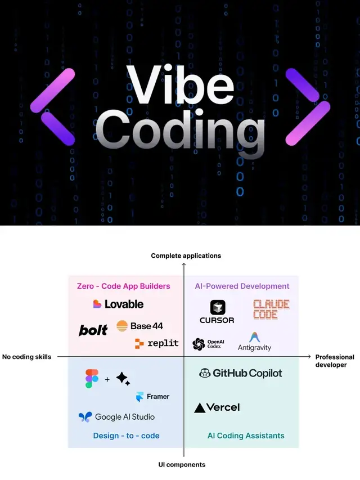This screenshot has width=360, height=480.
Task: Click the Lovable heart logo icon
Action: point(97,304)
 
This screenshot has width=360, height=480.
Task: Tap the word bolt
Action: point(93,330)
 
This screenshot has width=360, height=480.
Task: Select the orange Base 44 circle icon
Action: point(122,326)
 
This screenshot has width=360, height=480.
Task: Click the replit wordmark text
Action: point(163,343)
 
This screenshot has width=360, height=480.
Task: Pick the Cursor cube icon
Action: point(218,307)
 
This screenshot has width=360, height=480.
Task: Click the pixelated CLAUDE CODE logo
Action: point(271,309)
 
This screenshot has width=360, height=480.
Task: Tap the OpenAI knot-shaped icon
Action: point(199,344)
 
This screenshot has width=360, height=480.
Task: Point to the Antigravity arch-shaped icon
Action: point(254,337)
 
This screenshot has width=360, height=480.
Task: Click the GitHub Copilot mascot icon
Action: point(205,373)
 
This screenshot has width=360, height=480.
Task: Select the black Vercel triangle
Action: point(200,408)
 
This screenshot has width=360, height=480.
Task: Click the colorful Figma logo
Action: point(92,379)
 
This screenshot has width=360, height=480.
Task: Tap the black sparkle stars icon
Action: point(123,379)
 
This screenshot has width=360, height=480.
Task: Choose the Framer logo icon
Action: point(139,397)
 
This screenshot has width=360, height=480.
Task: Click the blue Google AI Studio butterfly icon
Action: point(85,417)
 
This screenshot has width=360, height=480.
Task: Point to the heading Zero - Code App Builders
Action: point(123,286)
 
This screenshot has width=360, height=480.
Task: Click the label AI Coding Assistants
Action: point(246,436)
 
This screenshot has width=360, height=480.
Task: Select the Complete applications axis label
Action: point(186,255)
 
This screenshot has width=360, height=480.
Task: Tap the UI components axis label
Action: point(182,465)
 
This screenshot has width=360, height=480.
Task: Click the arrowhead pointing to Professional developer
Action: point(309,357)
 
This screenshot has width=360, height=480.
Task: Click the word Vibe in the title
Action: point(181,84)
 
